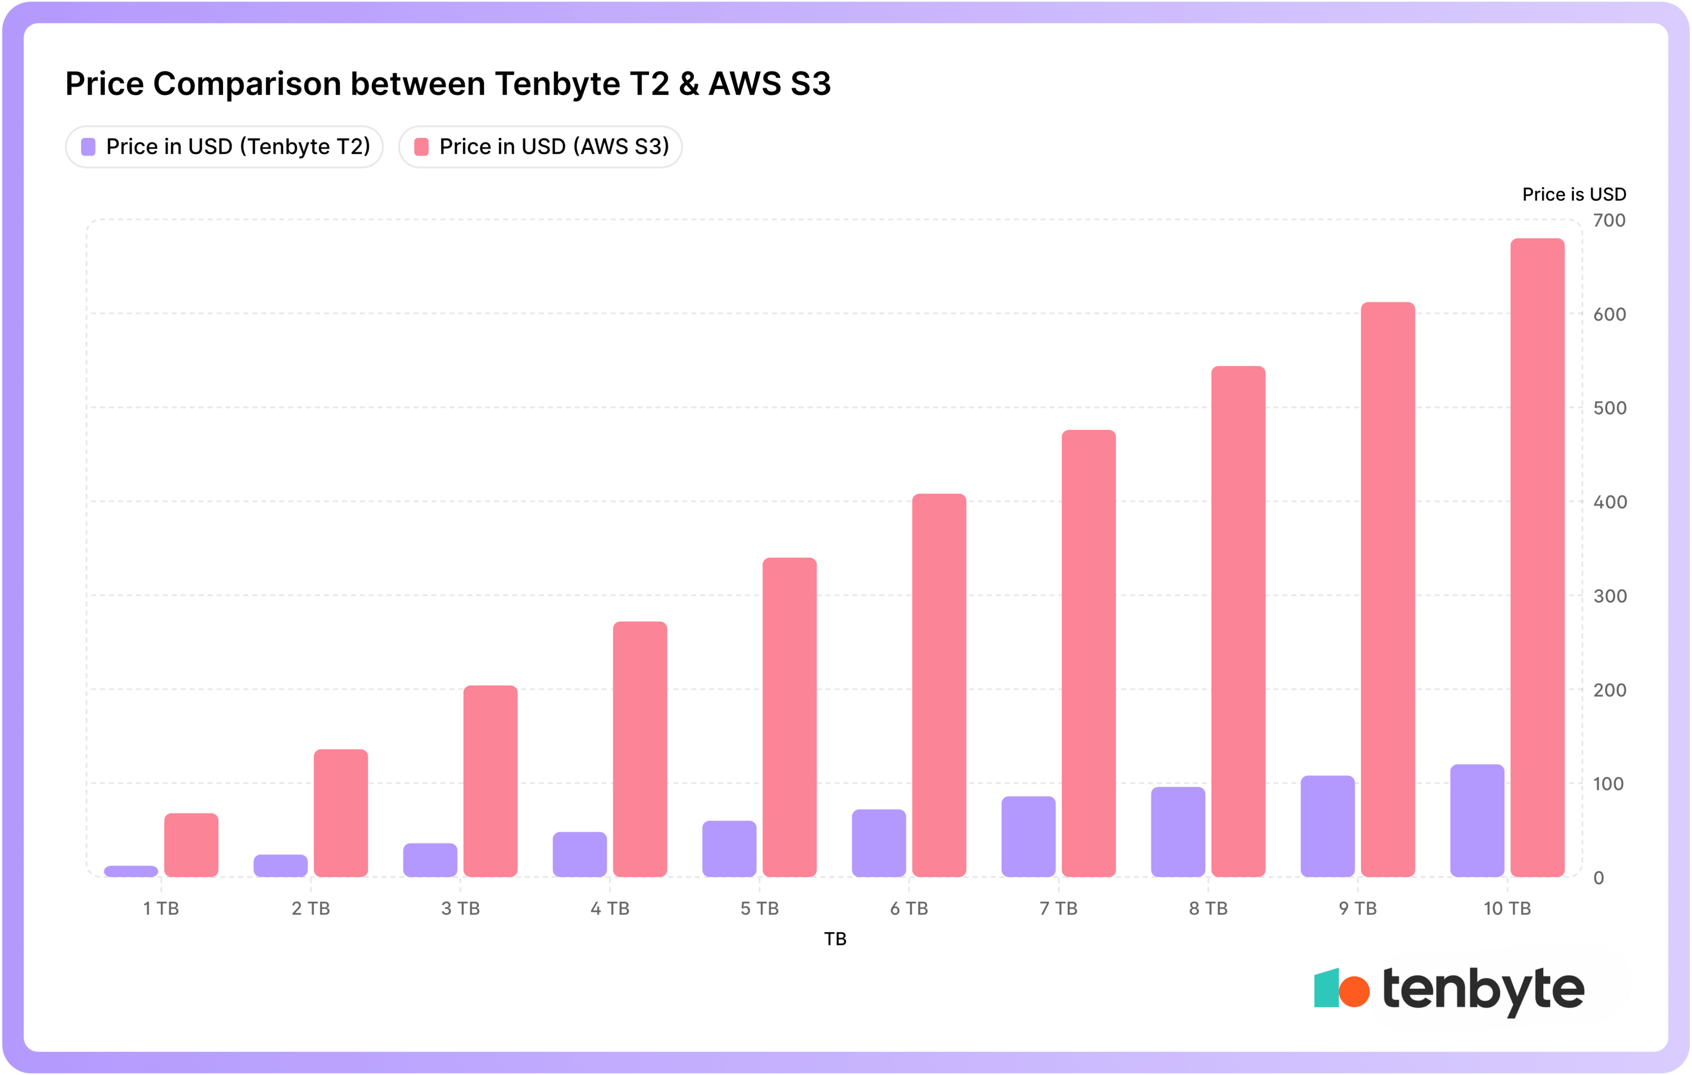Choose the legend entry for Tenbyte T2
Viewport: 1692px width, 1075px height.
[x=224, y=147]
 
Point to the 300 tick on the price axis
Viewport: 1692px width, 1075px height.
[x=1609, y=596]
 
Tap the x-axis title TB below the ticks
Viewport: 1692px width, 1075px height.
[x=835, y=939]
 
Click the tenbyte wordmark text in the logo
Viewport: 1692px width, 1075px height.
[x=1483, y=990]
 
